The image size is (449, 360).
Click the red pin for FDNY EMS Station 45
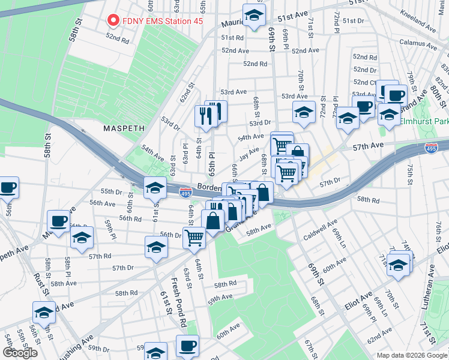[x=112, y=20]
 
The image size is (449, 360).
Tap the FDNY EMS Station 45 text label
[x=163, y=21]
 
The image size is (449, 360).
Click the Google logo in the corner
[x=20, y=352]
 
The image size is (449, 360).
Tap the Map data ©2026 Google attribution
[x=411, y=355]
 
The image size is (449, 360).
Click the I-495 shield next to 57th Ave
[x=431, y=148]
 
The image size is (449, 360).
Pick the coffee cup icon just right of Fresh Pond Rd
[x=187, y=346]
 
